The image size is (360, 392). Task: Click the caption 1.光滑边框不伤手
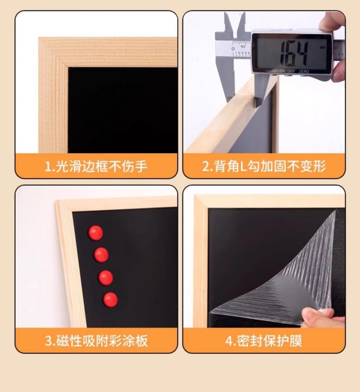click(x=96, y=167)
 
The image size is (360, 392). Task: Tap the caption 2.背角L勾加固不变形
click(x=264, y=167)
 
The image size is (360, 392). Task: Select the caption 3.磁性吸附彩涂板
click(x=96, y=341)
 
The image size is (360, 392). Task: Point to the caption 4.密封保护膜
click(x=264, y=341)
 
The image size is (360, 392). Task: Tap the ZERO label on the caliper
click(x=304, y=71)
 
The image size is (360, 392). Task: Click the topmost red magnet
click(x=96, y=233)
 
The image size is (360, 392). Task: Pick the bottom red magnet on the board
click(x=110, y=300)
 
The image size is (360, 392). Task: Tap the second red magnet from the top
click(x=101, y=255)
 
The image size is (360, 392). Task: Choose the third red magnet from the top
click(x=105, y=278)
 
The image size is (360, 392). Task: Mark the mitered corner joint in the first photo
click(x=55, y=53)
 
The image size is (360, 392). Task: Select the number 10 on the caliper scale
click(x=242, y=46)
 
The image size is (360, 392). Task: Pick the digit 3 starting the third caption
click(x=48, y=341)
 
